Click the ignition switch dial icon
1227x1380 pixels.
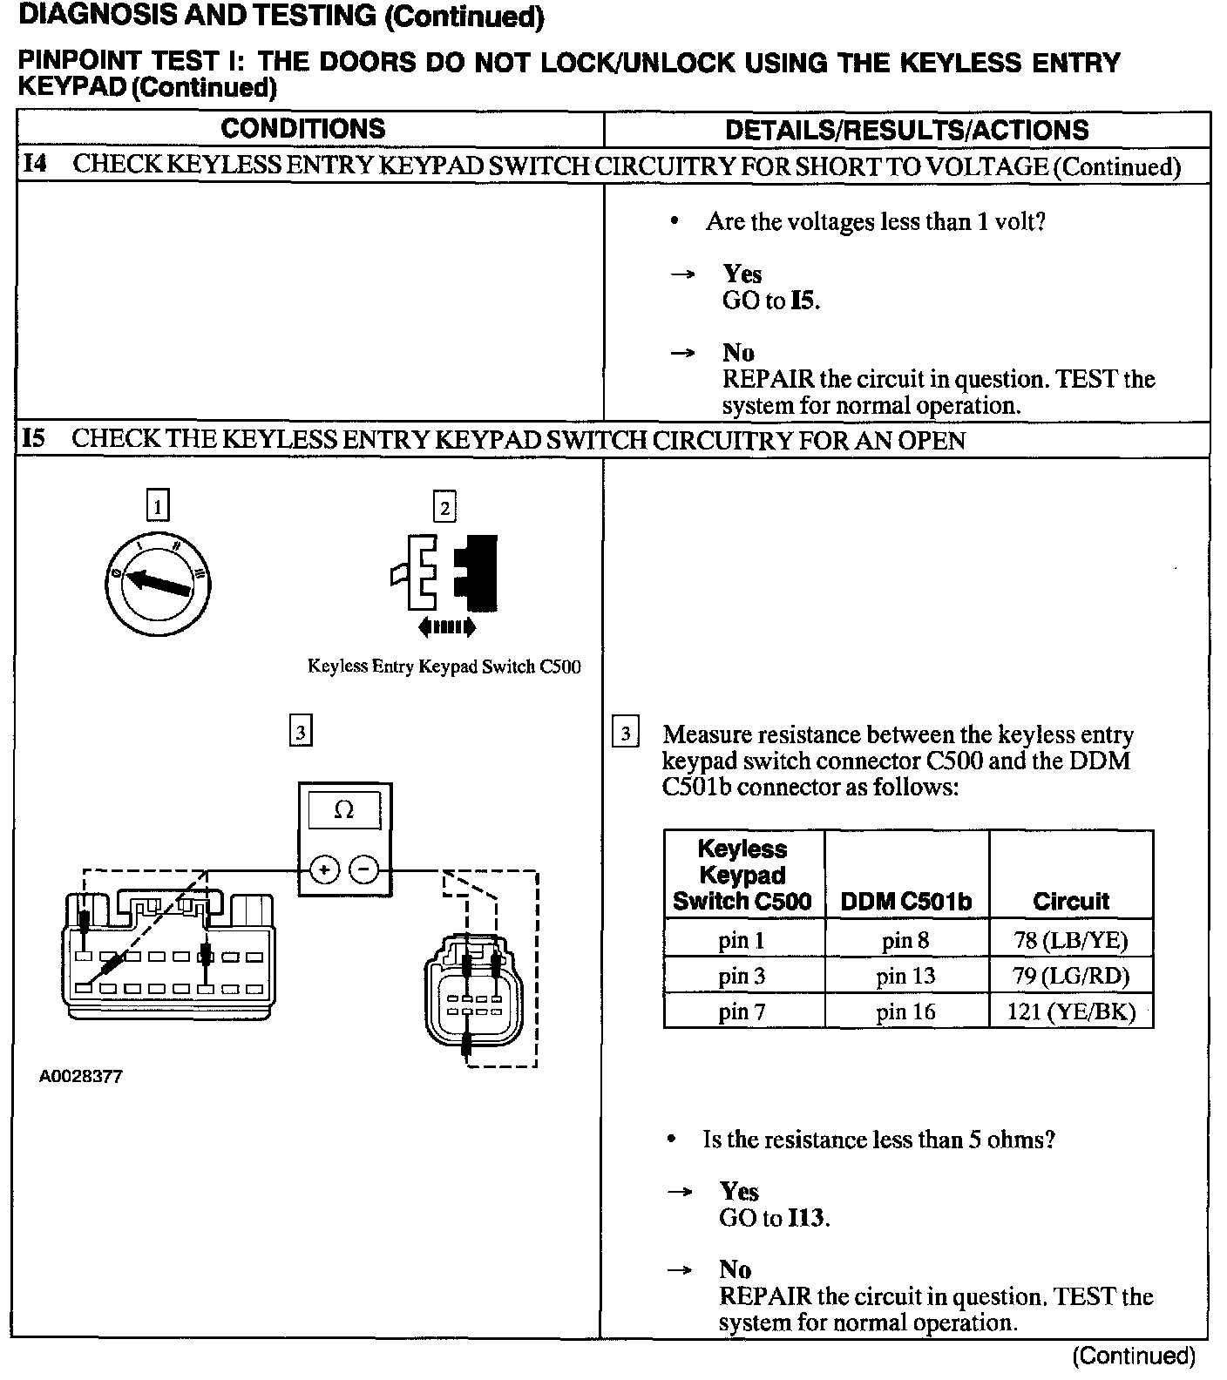tap(158, 584)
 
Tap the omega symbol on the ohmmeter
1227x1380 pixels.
tap(344, 810)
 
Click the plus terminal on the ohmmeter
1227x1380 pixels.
tap(324, 869)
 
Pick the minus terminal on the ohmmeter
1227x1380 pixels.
tap(364, 869)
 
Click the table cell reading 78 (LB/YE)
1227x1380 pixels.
tap(1070, 940)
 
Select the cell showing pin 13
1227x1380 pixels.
tap(905, 976)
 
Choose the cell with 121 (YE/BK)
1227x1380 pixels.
tap(1070, 1011)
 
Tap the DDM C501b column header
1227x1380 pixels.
tap(905, 902)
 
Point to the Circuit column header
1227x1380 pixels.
tap(1070, 902)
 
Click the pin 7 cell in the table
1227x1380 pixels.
tap(742, 1011)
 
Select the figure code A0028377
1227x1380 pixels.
tap(80, 1077)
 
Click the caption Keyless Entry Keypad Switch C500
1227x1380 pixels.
tap(444, 667)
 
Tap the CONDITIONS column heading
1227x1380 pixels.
tap(302, 129)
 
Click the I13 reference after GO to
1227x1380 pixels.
tap(806, 1218)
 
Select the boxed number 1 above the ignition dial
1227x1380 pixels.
tap(157, 506)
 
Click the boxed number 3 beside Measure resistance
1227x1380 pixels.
tap(625, 734)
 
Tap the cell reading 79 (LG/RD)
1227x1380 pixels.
tap(1070, 976)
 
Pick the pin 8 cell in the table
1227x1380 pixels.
tap(905, 940)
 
